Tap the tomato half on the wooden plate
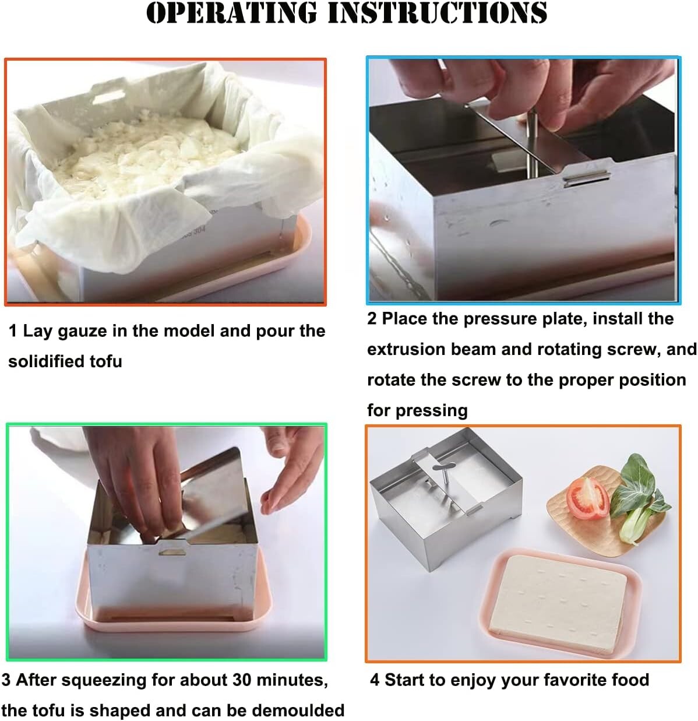point(587,498)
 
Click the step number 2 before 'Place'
point(372,319)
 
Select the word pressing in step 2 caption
point(436,410)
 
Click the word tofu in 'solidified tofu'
point(106,361)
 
